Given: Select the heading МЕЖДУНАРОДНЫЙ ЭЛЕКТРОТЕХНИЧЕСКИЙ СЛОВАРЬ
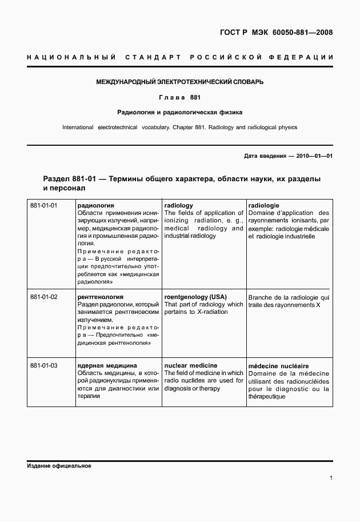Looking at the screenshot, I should coord(179,82).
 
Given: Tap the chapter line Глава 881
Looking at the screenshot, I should coord(179,97).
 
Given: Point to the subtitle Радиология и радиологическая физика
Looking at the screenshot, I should coord(179,112).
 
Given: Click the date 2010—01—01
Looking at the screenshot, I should coord(313,156).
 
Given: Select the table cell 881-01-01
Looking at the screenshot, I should coord(44,205).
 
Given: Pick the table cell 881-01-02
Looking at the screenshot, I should coord(44,297).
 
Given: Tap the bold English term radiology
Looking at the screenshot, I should coord(178,205).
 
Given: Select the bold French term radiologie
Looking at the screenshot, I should coord(263,205).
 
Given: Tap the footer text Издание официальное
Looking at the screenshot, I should coord(59,466).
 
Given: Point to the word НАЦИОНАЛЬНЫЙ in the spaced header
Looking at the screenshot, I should coord(71,58).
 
